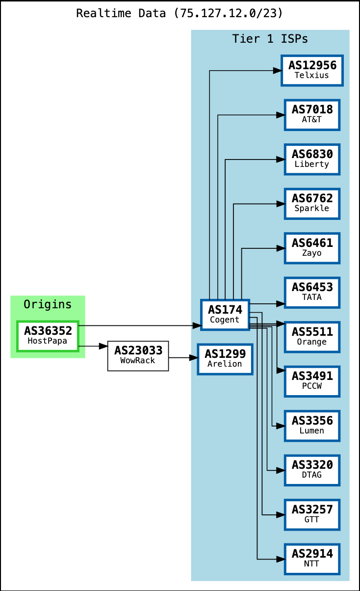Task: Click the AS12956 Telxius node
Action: click(x=312, y=70)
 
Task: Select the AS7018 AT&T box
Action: click(x=312, y=114)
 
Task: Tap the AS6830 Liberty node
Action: click(x=312, y=159)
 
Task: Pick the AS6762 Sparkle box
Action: click(x=312, y=203)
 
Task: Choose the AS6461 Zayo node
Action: click(x=312, y=248)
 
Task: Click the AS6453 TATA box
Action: click(x=312, y=292)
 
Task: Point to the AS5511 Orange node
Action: click(x=312, y=337)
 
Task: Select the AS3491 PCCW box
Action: click(x=312, y=381)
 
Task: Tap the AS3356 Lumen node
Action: click(x=312, y=426)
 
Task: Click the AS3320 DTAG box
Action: click(x=312, y=470)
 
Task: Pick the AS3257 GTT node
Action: click(x=312, y=514)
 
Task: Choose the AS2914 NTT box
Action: click(x=312, y=559)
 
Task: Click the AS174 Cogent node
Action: click(x=225, y=315)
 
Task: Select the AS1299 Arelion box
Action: click(x=225, y=359)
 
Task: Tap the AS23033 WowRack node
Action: click(x=138, y=355)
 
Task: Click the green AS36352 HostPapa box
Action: click(x=48, y=336)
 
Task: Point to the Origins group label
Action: click(x=48, y=304)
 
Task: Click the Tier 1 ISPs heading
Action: click(x=270, y=39)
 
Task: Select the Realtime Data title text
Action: click(x=180, y=13)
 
